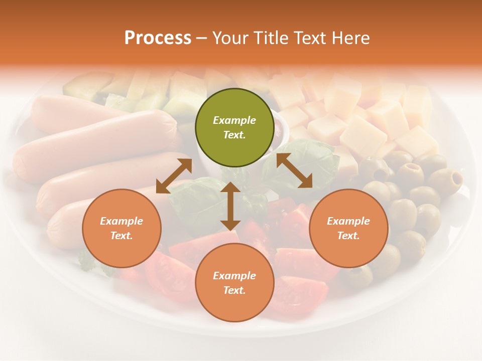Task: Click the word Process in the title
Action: (158, 38)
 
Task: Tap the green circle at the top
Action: (234, 127)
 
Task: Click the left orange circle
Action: (122, 228)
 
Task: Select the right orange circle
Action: (348, 228)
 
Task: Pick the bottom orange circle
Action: (234, 282)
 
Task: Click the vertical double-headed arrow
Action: (230, 206)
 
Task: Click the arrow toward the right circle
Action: (294, 170)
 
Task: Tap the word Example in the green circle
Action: (234, 120)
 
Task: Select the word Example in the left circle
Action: (122, 221)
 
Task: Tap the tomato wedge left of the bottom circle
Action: (168, 276)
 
